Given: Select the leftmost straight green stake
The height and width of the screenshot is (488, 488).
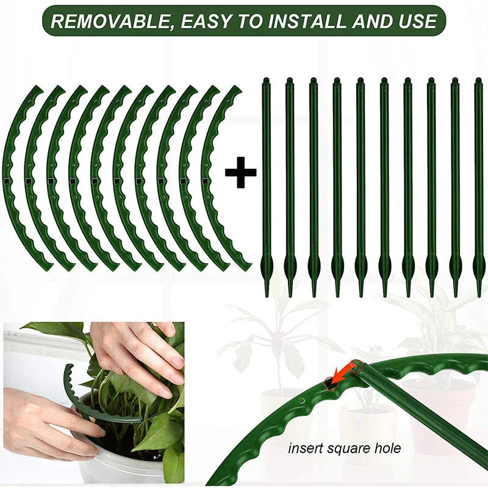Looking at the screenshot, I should click(266, 183).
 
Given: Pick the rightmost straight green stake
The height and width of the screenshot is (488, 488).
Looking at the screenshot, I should click(478, 183).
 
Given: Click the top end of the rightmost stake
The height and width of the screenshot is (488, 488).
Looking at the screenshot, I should click(478, 81).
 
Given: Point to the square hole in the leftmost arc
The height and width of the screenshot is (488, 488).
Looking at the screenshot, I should click(7, 181).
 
